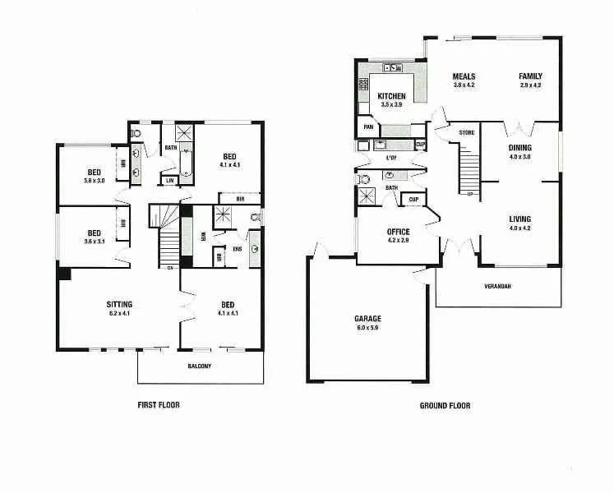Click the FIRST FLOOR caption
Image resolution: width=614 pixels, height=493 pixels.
pos(158,405)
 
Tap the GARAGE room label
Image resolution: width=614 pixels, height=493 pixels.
pos(367,318)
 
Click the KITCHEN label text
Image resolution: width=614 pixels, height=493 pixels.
pos(392,96)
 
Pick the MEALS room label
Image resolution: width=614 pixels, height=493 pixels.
pos(464,76)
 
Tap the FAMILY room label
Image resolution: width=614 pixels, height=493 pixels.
pos(530,76)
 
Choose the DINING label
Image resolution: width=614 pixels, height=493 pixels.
pos(519,148)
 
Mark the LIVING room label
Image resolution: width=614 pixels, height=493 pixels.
pos(519,219)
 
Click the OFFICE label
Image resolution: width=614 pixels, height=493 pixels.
pos(398,232)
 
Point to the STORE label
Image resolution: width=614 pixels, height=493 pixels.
pos(467,132)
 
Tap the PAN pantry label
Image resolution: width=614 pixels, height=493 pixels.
pos(368,127)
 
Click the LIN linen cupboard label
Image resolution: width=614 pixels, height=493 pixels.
pos(170,180)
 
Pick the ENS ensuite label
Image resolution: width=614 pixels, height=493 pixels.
pos(237,248)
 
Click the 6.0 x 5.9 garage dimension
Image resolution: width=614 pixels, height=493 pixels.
pos(367,327)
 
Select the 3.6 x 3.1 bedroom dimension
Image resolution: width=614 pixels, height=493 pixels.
pos(95,241)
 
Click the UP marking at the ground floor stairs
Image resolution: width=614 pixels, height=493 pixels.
pos(469,194)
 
